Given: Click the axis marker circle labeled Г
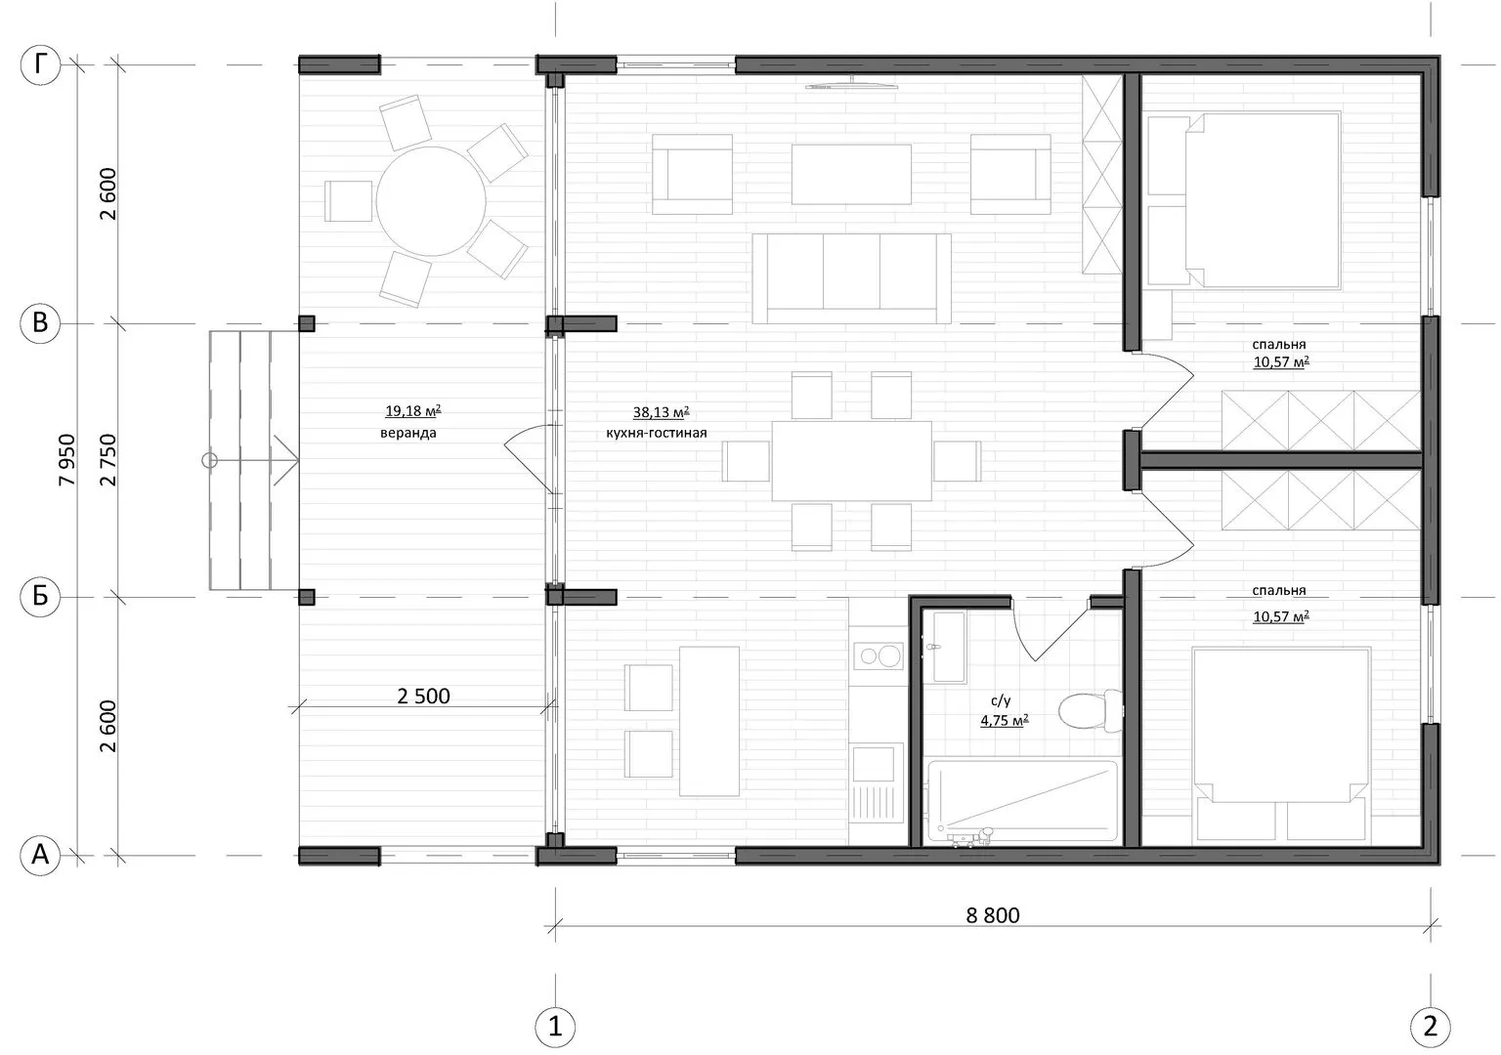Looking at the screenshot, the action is tap(41, 65).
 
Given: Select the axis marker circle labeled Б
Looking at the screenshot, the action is tap(41, 596).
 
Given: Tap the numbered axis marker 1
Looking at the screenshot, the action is tap(555, 1027).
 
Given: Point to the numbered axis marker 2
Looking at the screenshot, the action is tap(1430, 1027).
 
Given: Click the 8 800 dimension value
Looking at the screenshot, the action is tap(993, 915).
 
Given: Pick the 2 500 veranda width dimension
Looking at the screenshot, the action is tap(423, 696).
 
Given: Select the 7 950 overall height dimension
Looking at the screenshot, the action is tap(67, 460).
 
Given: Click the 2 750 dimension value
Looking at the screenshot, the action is tap(107, 460).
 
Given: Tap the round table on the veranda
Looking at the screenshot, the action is tap(431, 201).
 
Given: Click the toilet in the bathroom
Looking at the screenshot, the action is tap(1090, 711).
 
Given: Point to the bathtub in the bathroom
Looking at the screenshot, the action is tap(1022, 800).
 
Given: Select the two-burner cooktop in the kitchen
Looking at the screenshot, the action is tap(879, 655).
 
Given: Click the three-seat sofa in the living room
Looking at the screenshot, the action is tap(851, 278).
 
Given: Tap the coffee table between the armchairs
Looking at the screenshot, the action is tap(851, 174).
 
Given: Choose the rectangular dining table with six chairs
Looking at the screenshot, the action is tap(851, 461).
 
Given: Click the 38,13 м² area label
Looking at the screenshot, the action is tap(661, 412).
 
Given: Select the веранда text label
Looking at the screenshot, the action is tap(408, 433).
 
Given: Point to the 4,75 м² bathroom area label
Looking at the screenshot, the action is tap(1004, 721).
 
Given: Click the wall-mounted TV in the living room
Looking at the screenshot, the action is tap(851, 84).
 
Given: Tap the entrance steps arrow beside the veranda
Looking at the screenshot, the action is tap(250, 460).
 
